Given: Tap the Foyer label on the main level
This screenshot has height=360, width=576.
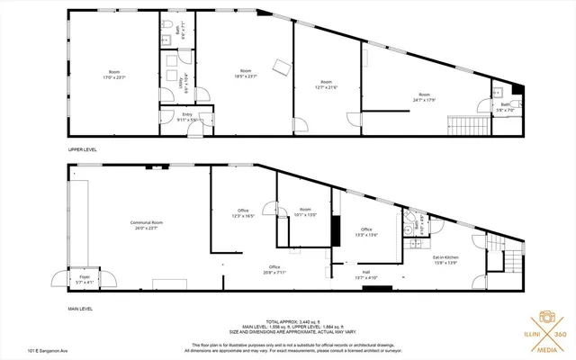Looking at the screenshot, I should (x=84, y=280).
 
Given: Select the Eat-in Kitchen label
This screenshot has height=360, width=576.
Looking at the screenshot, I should (x=445, y=261).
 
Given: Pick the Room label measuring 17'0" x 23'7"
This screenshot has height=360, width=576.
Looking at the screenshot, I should (x=114, y=75).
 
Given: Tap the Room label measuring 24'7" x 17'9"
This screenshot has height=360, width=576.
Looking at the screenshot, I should (x=423, y=96).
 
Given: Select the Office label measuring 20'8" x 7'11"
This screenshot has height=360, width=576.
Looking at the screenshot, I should (x=274, y=269).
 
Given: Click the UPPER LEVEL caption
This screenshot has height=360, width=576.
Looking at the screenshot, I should (x=83, y=149).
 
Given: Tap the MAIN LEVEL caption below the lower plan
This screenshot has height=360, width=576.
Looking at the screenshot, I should (x=81, y=309).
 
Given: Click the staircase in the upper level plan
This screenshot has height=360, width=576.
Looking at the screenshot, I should (x=466, y=124).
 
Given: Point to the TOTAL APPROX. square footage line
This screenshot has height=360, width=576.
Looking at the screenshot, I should (x=288, y=320).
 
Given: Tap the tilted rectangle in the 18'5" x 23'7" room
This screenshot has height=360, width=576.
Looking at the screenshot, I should (x=283, y=66).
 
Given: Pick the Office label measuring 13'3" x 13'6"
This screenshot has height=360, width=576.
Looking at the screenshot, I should (x=366, y=231).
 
